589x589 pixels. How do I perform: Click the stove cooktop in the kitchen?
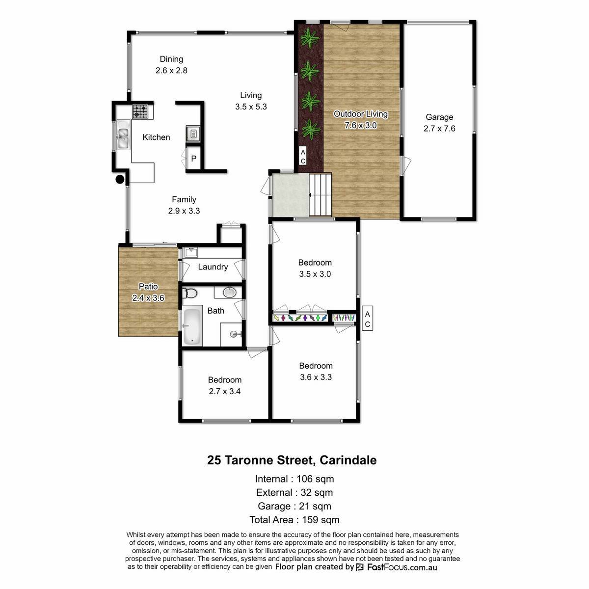pos(140,111)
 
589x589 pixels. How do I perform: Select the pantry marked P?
pos(193,158)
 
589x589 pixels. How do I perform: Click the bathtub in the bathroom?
pos(192,327)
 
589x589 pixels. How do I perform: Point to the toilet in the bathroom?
pos(189,294)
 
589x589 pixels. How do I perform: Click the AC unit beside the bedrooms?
pos(368,319)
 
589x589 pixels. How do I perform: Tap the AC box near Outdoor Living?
pos(303,156)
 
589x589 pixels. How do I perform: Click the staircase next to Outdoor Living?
pos(320,194)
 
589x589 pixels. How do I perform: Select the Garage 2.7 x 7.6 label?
pos(439,123)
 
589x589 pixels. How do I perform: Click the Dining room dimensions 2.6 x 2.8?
pos(171,70)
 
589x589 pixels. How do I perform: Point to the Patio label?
pos(148,286)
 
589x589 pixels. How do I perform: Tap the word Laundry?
pos(213,267)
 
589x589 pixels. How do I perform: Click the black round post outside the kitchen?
pos(120,180)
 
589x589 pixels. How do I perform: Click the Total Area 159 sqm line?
pos(294,520)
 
